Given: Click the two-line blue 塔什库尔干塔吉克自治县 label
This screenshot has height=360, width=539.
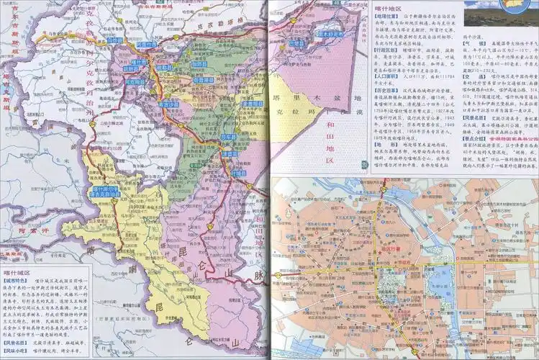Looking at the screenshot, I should (102, 192).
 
